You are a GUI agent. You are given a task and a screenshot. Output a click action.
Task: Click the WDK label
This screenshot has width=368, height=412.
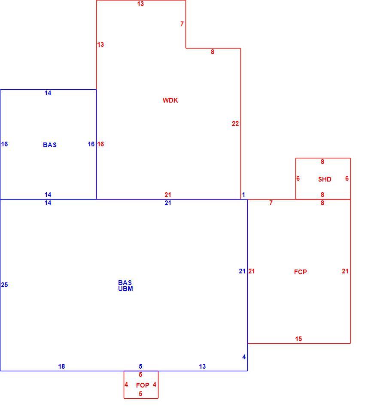tap(170, 100)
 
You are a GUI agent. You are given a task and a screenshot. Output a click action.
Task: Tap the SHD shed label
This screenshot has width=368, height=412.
tap(325, 179)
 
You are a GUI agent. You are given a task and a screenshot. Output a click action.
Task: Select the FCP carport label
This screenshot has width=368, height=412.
tap(300, 272)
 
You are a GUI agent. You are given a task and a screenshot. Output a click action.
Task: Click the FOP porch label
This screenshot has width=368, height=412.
tap(143, 385)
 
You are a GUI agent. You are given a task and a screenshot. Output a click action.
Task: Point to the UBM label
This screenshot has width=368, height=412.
tap(125, 288)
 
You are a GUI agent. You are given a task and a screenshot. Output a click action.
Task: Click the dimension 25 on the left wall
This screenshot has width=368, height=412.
tap(4, 285)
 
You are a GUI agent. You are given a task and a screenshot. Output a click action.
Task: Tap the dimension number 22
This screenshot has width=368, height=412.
tap(235, 124)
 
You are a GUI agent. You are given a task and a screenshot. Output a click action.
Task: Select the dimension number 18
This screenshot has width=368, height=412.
tap(61, 366)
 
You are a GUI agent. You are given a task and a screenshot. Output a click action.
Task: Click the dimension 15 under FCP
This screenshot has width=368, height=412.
tap(298, 339)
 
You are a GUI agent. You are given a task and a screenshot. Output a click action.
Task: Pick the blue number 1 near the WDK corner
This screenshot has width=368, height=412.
tap(243, 195)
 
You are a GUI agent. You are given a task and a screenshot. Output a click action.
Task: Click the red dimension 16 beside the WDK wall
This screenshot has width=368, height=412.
tap(100, 144)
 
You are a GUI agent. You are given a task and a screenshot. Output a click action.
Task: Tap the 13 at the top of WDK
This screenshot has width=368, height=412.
tap(140, 4)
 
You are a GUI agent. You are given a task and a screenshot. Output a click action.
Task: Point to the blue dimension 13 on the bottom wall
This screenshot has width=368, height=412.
tap(202, 366)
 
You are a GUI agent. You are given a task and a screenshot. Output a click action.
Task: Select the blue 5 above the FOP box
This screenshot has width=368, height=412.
tap(140, 366)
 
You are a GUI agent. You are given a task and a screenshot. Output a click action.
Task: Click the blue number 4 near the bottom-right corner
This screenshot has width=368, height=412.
tap(244, 357)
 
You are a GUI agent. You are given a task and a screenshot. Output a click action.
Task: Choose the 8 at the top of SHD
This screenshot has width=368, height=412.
tap(322, 162)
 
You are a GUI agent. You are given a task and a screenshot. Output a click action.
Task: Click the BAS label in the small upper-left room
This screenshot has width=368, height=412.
tap(50, 145)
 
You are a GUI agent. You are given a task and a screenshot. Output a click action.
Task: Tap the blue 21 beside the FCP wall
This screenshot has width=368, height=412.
tap(242, 271)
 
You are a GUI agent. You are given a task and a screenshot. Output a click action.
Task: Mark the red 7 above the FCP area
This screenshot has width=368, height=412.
tap(271, 203)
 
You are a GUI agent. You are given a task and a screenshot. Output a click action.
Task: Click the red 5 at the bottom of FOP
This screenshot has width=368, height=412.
tap(140, 394)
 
